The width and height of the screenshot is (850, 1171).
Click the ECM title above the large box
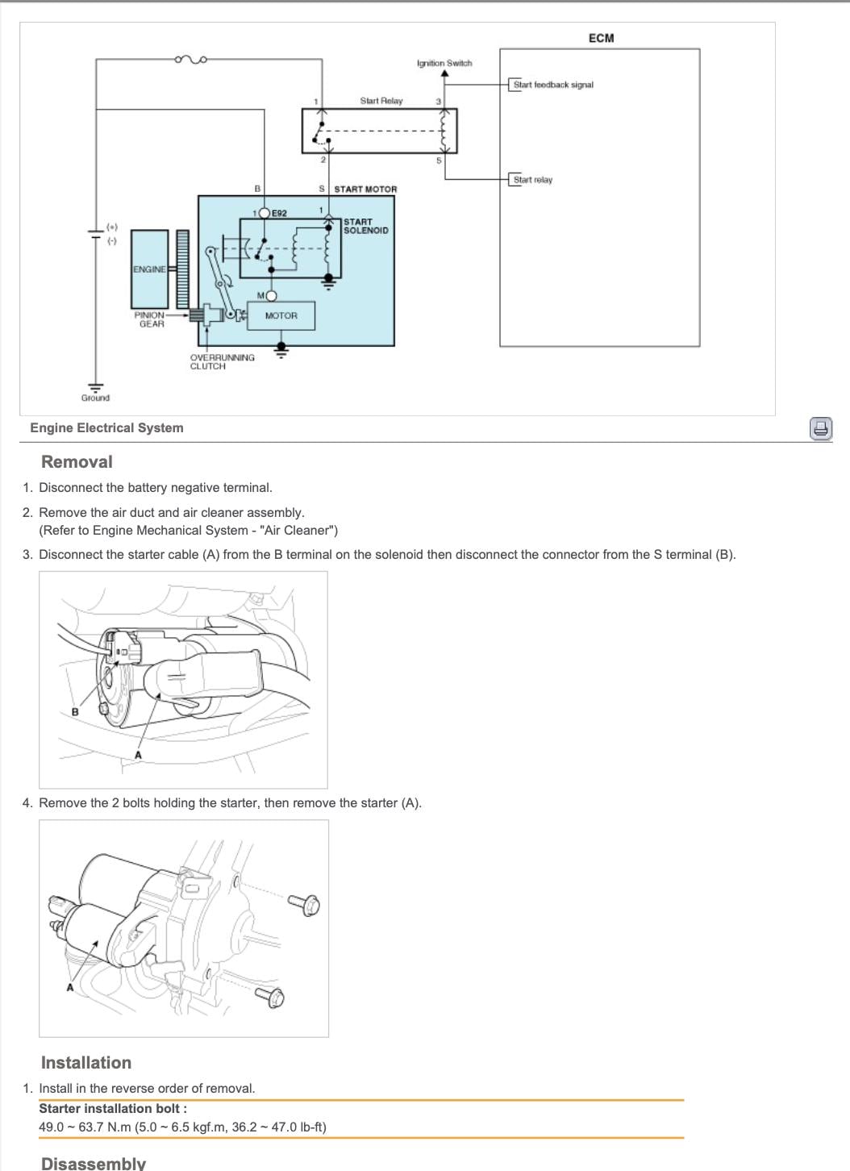coord(601,38)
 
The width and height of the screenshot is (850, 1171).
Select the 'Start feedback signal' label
coord(552,85)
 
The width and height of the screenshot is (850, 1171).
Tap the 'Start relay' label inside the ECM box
coord(532,180)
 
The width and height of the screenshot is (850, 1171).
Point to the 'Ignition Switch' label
coord(444,63)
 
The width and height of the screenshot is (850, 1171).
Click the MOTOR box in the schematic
coord(281,316)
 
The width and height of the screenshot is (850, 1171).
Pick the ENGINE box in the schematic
coord(149,269)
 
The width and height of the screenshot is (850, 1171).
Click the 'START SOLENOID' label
coord(365,226)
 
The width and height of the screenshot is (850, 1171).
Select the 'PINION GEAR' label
coord(151,319)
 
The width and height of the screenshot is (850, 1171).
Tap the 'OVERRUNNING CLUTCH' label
coord(222,361)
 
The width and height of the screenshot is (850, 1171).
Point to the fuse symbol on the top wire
coord(191,59)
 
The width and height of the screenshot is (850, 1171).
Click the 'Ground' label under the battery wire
coord(95,398)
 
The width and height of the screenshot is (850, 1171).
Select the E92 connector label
coord(279,214)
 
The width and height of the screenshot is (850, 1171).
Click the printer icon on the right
coord(820,428)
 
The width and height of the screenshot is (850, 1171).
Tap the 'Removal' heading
coord(77,462)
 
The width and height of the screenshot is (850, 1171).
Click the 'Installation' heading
coord(85,1063)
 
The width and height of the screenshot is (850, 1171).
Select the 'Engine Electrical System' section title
coord(106,428)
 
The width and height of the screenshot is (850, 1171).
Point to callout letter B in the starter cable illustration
coord(75,711)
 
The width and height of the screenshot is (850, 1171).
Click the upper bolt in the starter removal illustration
coord(307,904)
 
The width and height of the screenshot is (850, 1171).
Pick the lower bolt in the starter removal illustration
coord(272,997)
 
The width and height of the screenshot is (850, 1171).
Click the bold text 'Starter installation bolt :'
coord(113,1108)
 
